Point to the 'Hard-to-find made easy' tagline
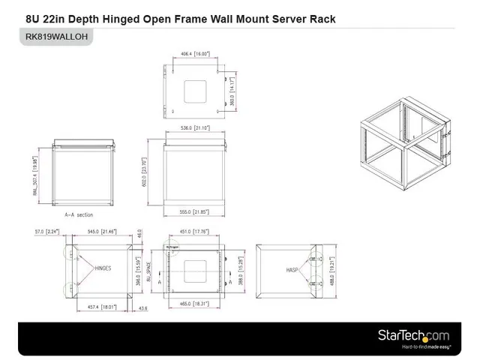coord(425,347)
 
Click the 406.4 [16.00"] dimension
coord(195,54)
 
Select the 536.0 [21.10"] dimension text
coord(196,128)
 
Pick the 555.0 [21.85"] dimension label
coord(195,212)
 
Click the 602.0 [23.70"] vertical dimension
coord(144,171)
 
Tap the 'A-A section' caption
coord(79,214)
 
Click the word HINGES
coord(103,267)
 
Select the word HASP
coord(292,269)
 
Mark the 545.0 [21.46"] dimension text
coord(102,232)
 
